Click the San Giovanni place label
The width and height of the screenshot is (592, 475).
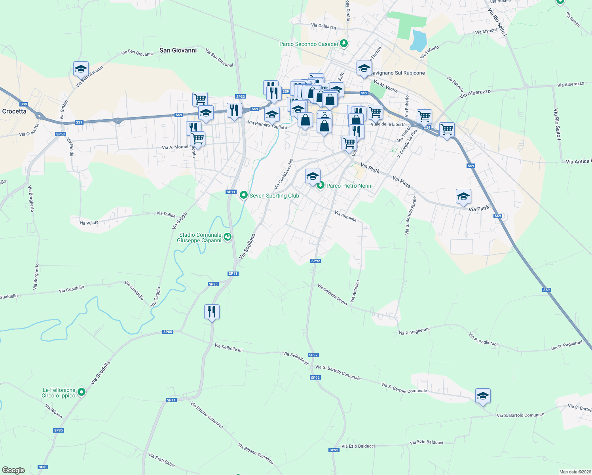tap(178, 50)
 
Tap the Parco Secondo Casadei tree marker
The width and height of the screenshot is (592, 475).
tap(344, 44)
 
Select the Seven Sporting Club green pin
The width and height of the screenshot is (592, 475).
tap(244, 195)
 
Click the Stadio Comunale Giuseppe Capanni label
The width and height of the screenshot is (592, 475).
tap(200, 237)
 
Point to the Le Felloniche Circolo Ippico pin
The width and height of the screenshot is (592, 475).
tap(82, 392)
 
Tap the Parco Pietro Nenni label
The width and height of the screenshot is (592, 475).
tap(349, 186)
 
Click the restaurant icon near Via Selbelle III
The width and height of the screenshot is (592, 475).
tap(212, 312)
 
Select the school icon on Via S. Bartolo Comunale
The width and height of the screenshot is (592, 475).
tap(483, 396)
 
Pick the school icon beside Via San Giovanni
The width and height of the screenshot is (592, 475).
tap(81, 69)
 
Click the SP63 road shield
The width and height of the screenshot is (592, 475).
tap(61, 134)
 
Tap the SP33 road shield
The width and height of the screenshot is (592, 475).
tap(240, 97)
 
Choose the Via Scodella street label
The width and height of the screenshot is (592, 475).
tap(100, 372)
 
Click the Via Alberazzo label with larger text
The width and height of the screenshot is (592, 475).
tap(475, 94)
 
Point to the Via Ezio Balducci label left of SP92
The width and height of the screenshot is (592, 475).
tap(358, 446)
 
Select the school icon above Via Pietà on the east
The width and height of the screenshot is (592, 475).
tap(463, 197)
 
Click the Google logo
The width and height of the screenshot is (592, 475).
tap(13, 470)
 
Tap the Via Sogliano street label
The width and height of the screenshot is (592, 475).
tap(247, 246)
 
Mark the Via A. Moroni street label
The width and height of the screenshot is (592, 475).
tap(175, 147)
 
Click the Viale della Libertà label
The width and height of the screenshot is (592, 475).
tap(388, 124)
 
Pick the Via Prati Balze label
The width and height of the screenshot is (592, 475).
tap(161, 460)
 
